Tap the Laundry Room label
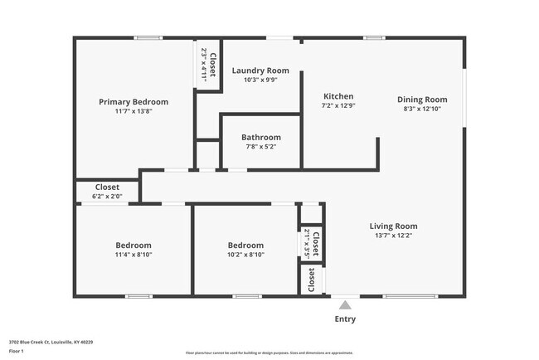click(260, 71)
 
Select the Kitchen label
click(338, 97)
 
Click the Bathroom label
click(261, 137)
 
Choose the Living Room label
click(393, 226)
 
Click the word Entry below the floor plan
click(345, 319)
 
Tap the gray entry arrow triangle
click(345, 304)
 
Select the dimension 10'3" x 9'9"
click(260, 80)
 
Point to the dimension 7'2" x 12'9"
click(338, 107)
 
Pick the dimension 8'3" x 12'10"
click(422, 109)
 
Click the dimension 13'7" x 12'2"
click(393, 236)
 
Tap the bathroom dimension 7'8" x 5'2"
click(261, 147)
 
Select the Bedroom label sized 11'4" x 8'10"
click(133, 246)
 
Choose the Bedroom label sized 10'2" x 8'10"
click(245, 246)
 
